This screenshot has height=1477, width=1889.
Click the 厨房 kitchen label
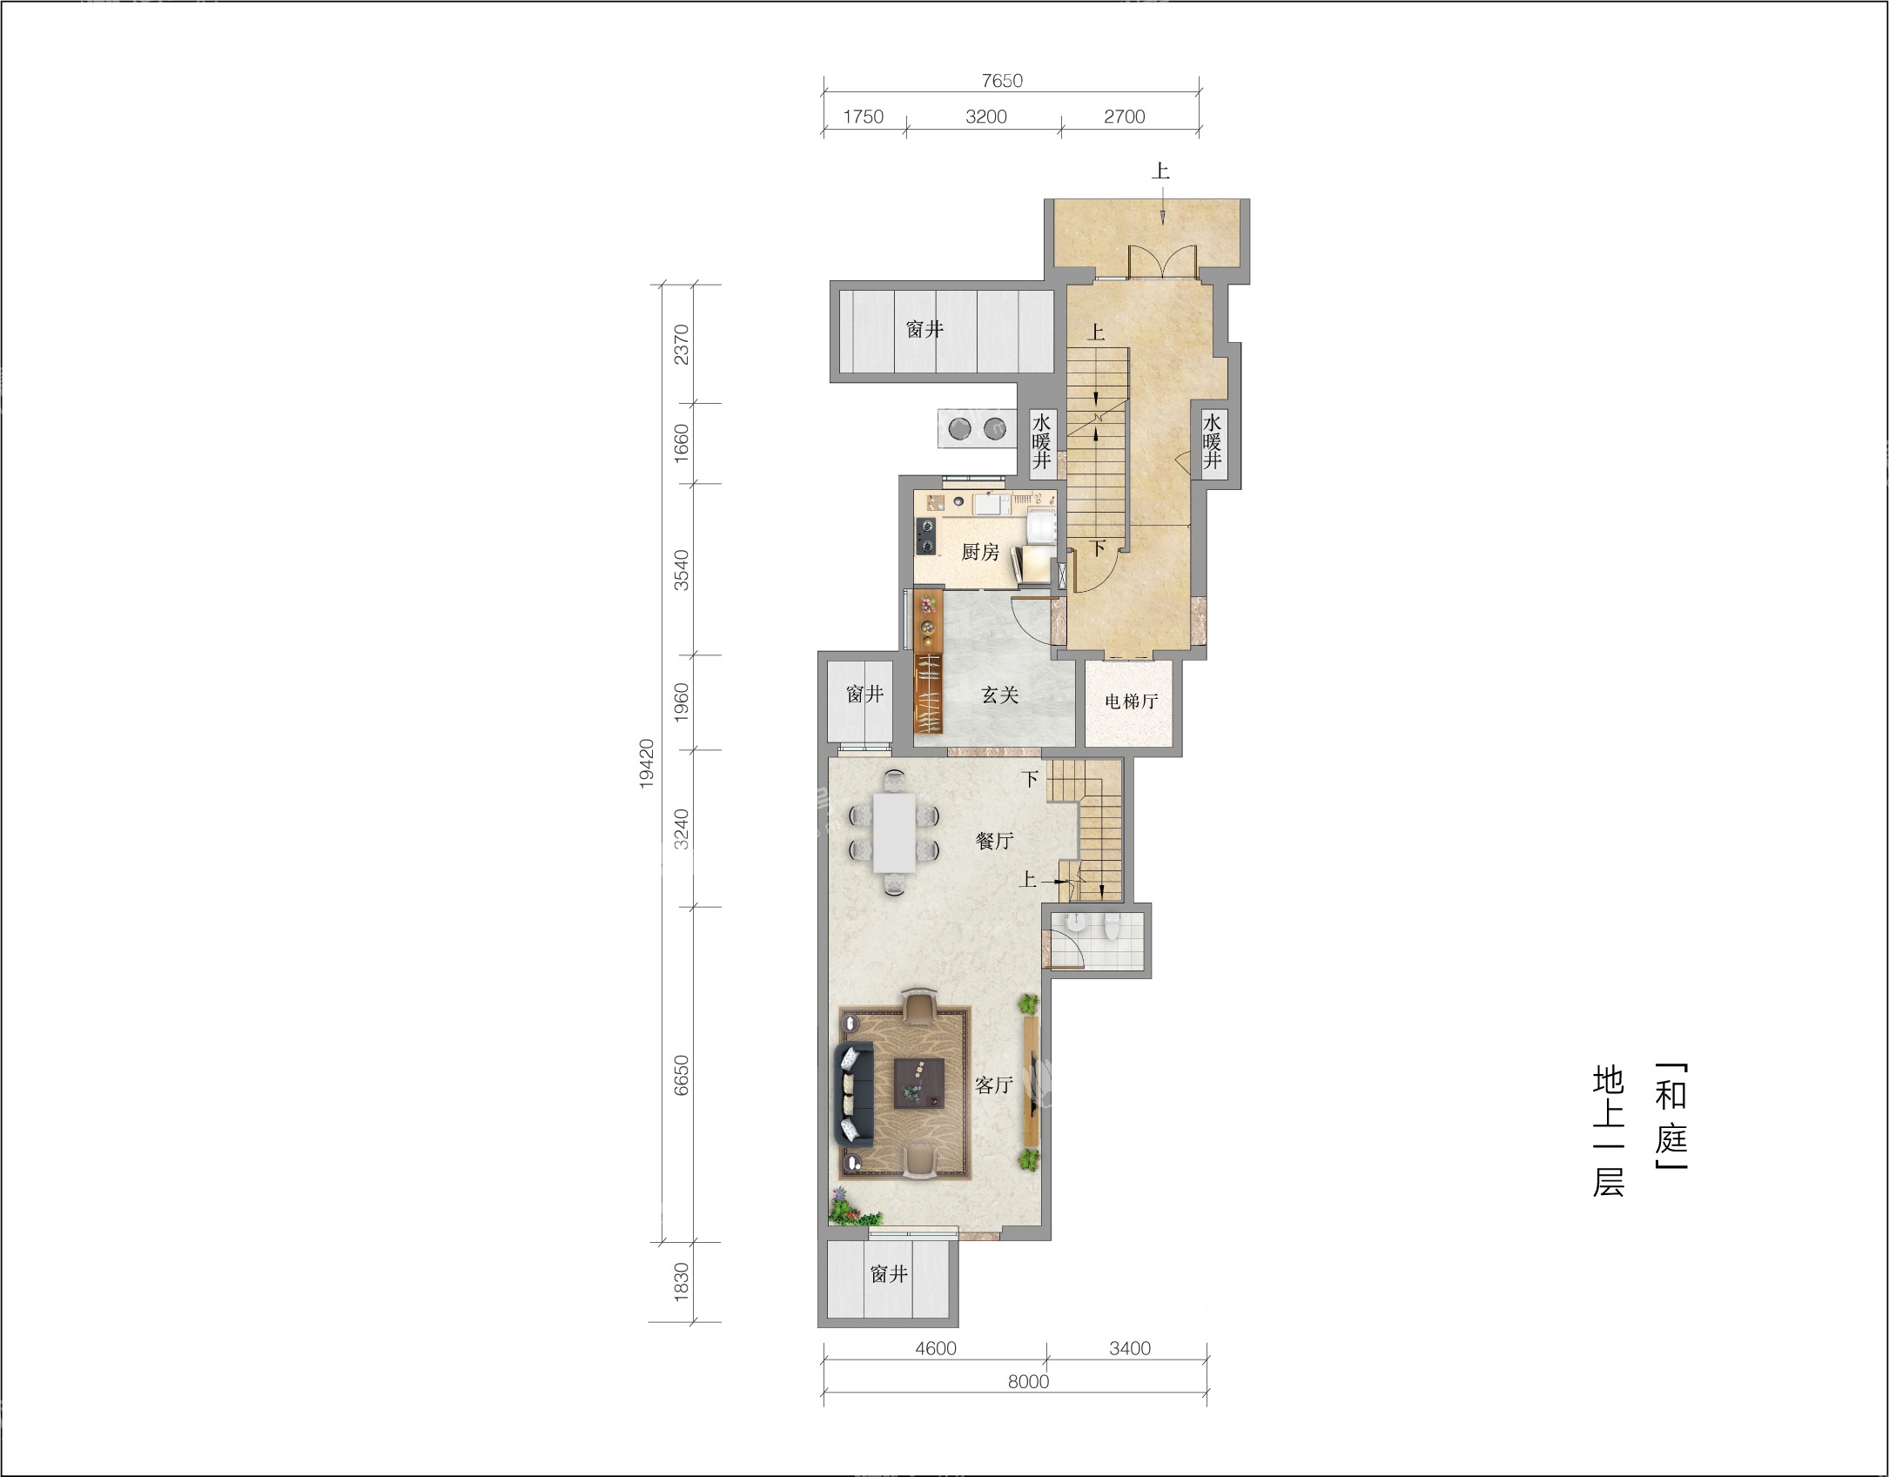pyautogui.click(x=980, y=552)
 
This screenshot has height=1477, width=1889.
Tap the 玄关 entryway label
pyautogui.click(x=1000, y=695)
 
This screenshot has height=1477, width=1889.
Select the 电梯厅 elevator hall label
pyautogui.click(x=1131, y=701)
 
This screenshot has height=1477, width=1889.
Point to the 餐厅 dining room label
pyautogui.click(x=994, y=841)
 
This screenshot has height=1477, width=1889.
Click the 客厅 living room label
pyautogui.click(x=994, y=1084)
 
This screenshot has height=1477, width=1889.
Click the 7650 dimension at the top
pyautogui.click(x=1002, y=81)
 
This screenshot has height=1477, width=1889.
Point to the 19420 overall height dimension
pyautogui.click(x=647, y=763)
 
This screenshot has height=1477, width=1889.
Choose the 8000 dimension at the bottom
pyautogui.click(x=1028, y=1381)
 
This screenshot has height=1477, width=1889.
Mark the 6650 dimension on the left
pyautogui.click(x=682, y=1075)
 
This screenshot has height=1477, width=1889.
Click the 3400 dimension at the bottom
pyautogui.click(x=1130, y=1348)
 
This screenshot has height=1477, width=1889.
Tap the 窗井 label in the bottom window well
pyautogui.click(x=889, y=1274)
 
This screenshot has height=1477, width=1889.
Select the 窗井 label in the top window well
pyautogui.click(x=924, y=329)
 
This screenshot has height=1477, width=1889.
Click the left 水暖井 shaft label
pyautogui.click(x=1042, y=441)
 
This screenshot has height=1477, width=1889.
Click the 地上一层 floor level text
pyautogui.click(x=1608, y=1131)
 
